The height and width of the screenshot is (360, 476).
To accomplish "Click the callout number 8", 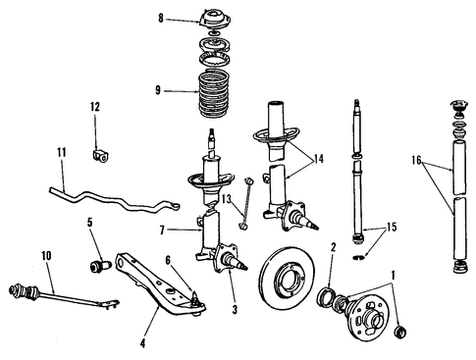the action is click(161, 19).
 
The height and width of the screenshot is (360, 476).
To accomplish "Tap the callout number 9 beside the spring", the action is click(158, 90).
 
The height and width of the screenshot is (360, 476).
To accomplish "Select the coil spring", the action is click(214, 94).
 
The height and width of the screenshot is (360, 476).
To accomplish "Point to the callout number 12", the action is click(95, 107).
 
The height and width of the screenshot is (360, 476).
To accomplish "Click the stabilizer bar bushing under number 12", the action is click(100, 156).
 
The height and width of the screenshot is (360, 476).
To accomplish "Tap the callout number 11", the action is click(62, 152).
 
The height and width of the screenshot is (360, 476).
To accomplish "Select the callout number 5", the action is click(89, 222).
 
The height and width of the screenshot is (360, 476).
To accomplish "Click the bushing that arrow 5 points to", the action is click(100, 266).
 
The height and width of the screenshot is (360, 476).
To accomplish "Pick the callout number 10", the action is click(46, 256).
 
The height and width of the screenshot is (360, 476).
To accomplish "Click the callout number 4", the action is click(142, 343).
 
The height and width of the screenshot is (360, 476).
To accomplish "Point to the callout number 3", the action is click(235, 309).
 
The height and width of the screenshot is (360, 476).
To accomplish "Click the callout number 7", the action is click(162, 231).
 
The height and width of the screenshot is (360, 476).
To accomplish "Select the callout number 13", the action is click(226, 198).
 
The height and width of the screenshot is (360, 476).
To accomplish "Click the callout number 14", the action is click(318, 159).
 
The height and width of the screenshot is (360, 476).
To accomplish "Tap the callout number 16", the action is click(416, 160).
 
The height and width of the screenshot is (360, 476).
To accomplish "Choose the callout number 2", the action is click(333, 247).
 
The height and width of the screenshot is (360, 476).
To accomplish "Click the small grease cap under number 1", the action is click(401, 332).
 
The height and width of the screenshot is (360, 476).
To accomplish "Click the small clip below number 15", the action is click(359, 257).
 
